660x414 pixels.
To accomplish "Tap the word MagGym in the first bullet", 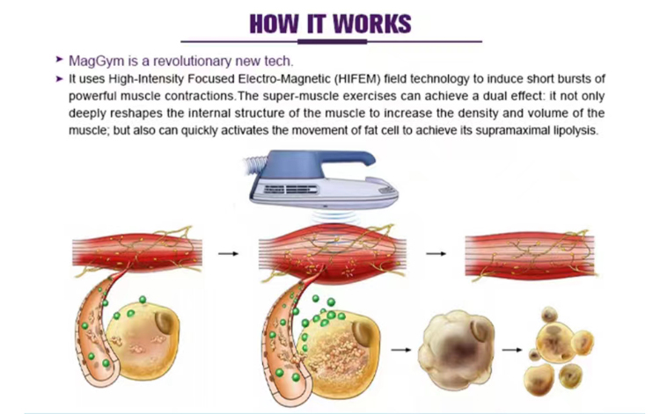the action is point(97,62).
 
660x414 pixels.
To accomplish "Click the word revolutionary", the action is point(192,62).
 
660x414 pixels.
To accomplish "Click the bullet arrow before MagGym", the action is point(59,60).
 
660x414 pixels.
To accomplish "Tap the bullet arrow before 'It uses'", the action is point(59,78).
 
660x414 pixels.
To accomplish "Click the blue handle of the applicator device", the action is point(320,163).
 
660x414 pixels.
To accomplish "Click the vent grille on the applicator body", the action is point(290,190).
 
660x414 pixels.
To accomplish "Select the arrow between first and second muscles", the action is point(229,253).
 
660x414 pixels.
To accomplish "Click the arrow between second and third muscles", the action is point(436,253).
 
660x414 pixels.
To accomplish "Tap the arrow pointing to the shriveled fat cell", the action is point(401,350).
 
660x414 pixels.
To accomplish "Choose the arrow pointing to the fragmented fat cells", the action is point(512,350).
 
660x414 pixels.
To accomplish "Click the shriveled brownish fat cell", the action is point(456,349).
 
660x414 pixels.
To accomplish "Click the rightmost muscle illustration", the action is point(531,255).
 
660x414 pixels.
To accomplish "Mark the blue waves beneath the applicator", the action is point(333,216).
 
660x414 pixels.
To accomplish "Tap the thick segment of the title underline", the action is point(332,41).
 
